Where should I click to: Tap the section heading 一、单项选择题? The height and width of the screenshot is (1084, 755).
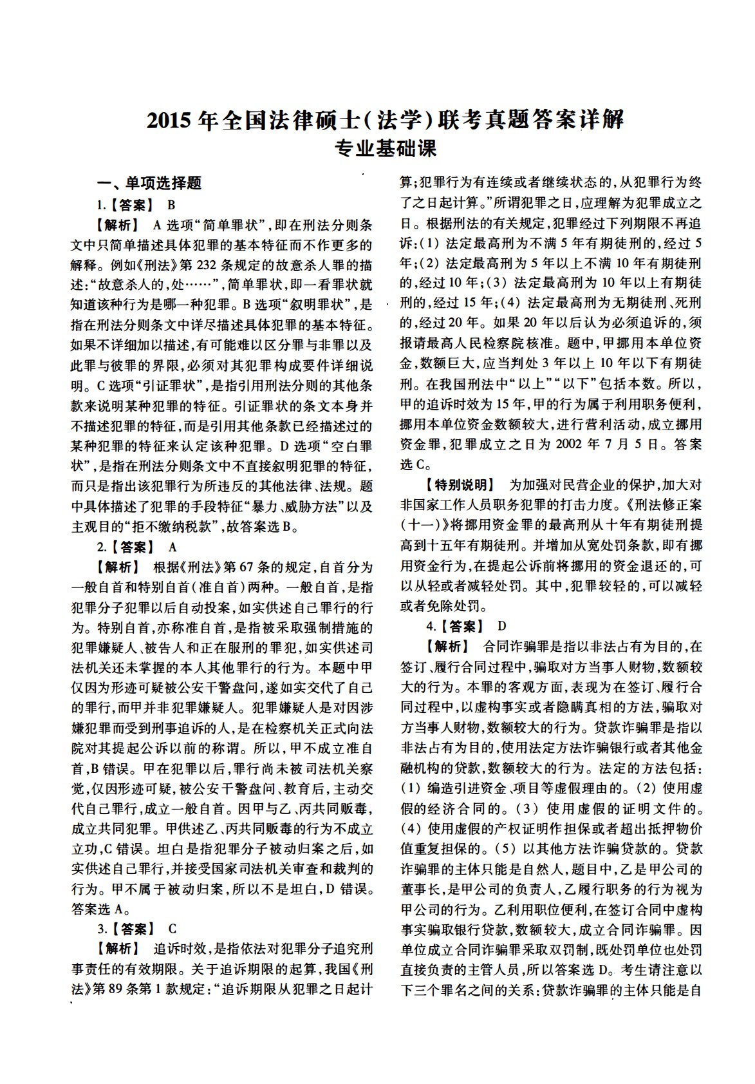(149, 184)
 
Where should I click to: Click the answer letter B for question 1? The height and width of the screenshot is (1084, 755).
(172, 205)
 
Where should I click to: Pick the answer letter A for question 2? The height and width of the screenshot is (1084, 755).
(172, 547)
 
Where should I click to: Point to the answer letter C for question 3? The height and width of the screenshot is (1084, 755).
(172, 929)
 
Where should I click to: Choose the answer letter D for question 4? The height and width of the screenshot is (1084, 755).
(502, 625)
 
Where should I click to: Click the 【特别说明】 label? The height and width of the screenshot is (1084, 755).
(458, 484)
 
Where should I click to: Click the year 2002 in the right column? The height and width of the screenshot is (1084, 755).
(568, 444)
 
